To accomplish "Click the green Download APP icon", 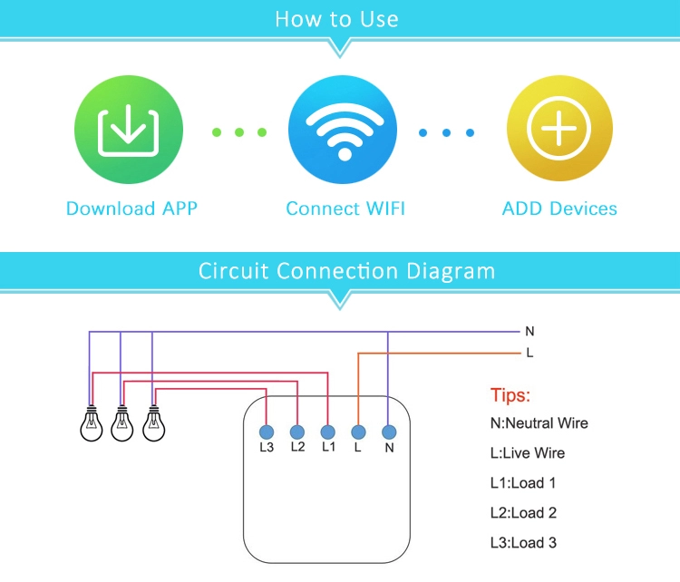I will [127, 132].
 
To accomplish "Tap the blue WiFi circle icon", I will [344, 132].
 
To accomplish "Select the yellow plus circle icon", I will [559, 132].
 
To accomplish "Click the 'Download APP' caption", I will [131, 209].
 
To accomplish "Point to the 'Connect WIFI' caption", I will [345, 209].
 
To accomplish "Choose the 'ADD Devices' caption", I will [559, 209].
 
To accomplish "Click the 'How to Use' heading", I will [337, 19].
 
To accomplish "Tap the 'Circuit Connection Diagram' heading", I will [347, 270].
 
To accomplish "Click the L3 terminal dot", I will [267, 432].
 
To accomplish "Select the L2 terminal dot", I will [296, 432].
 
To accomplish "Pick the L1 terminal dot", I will [328, 432].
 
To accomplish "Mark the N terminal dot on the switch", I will [389, 432].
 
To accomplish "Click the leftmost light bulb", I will [91, 422].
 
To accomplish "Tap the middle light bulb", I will [122, 422].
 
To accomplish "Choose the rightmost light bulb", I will [154, 422].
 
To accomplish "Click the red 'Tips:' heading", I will [510, 395].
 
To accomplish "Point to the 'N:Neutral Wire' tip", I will [539, 423].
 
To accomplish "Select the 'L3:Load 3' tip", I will [523, 542].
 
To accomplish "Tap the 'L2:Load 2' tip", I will [523, 513].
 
